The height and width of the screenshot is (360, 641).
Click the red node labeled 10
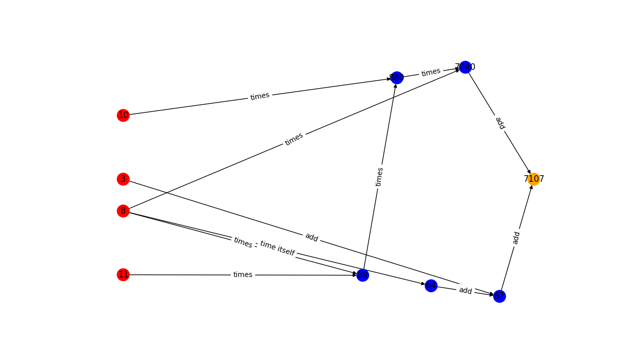[x=123, y=115]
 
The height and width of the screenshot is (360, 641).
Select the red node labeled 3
[x=123, y=179]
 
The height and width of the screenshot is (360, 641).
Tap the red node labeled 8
[x=123, y=211]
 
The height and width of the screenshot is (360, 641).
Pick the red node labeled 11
[x=123, y=274]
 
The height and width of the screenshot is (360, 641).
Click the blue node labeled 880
[x=397, y=77]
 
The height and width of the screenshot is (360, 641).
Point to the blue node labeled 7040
[x=465, y=67]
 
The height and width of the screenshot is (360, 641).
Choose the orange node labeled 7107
[x=533, y=179]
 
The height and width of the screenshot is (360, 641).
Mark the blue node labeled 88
[x=363, y=275]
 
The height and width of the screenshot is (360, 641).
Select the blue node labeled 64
[x=431, y=286]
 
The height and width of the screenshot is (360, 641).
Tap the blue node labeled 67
[x=499, y=296]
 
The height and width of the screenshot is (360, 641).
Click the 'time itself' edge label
[x=277, y=248]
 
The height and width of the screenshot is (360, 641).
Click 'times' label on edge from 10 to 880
[x=260, y=96]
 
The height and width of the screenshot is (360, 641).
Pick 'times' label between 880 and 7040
[x=431, y=72]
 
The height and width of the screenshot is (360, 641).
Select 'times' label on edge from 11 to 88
[x=243, y=274]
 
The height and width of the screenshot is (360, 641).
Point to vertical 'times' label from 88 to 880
[x=380, y=177]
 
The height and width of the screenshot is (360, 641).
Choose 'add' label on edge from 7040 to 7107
[x=500, y=123]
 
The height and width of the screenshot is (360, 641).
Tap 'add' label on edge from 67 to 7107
[x=516, y=237]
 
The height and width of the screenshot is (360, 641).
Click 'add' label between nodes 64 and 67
[x=465, y=291]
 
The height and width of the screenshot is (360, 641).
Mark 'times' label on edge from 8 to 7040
[x=294, y=139]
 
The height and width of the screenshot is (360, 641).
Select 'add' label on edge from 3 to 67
[x=311, y=237]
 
